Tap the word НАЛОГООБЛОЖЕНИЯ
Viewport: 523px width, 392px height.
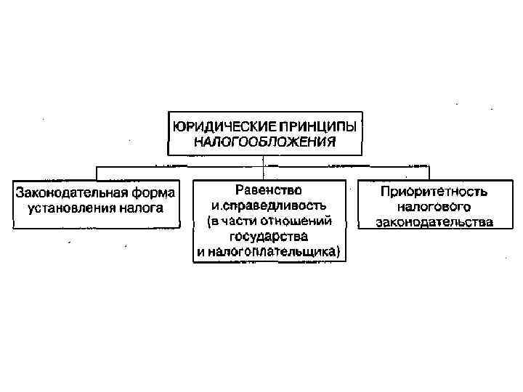[264, 142]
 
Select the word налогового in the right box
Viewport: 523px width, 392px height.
[434, 207]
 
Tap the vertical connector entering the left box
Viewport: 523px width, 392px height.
[98, 172]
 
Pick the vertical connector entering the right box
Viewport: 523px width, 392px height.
[429, 172]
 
